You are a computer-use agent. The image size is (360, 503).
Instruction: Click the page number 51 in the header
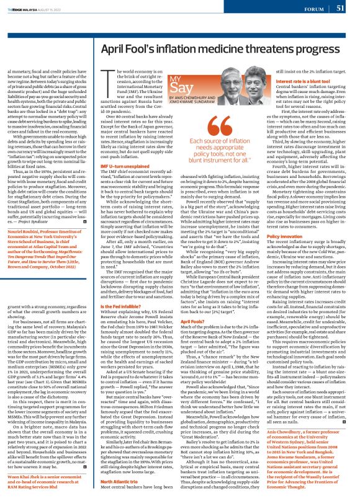(340, 8)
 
